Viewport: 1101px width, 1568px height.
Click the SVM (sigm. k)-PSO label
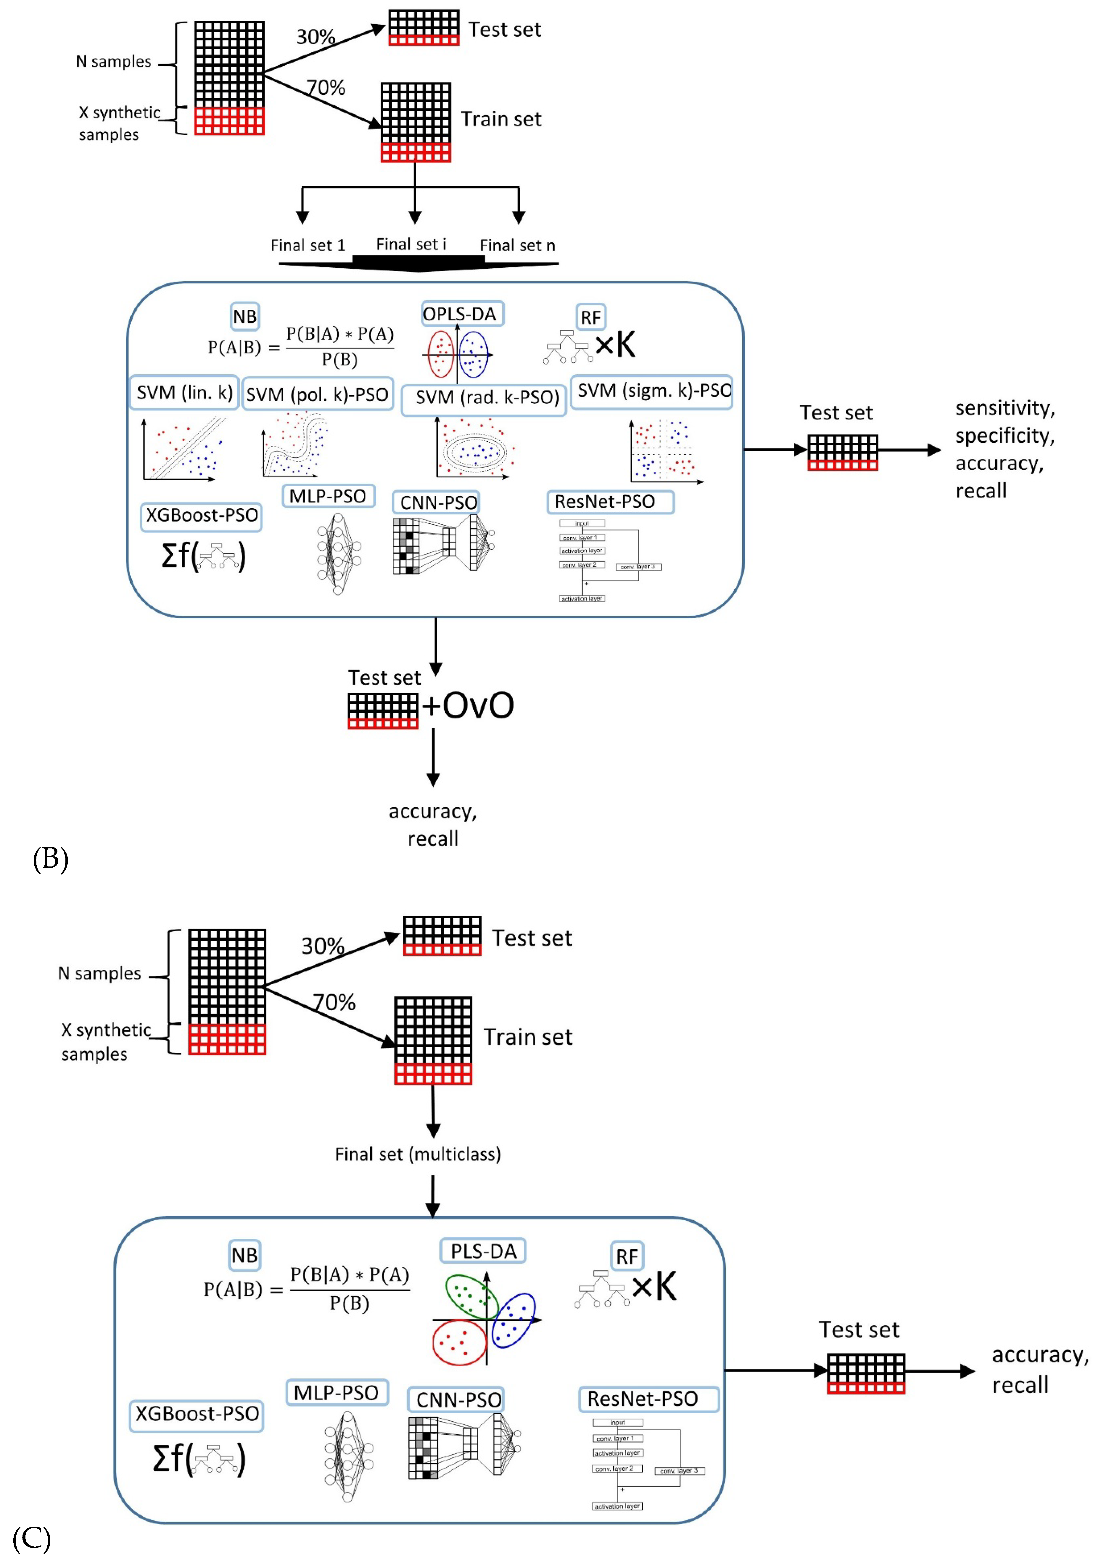click(x=652, y=391)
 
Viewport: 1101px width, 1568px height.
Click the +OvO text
click(x=468, y=705)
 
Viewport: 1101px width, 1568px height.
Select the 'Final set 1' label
click(x=308, y=245)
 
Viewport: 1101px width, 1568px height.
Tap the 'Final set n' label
click(x=517, y=245)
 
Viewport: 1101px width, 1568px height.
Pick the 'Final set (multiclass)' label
click(x=418, y=1154)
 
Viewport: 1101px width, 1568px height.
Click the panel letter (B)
click(x=51, y=858)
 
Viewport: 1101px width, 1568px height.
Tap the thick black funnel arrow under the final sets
click(x=418, y=263)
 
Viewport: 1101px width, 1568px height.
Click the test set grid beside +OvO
click(x=382, y=710)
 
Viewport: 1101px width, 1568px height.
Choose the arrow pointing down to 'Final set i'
click(x=414, y=205)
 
